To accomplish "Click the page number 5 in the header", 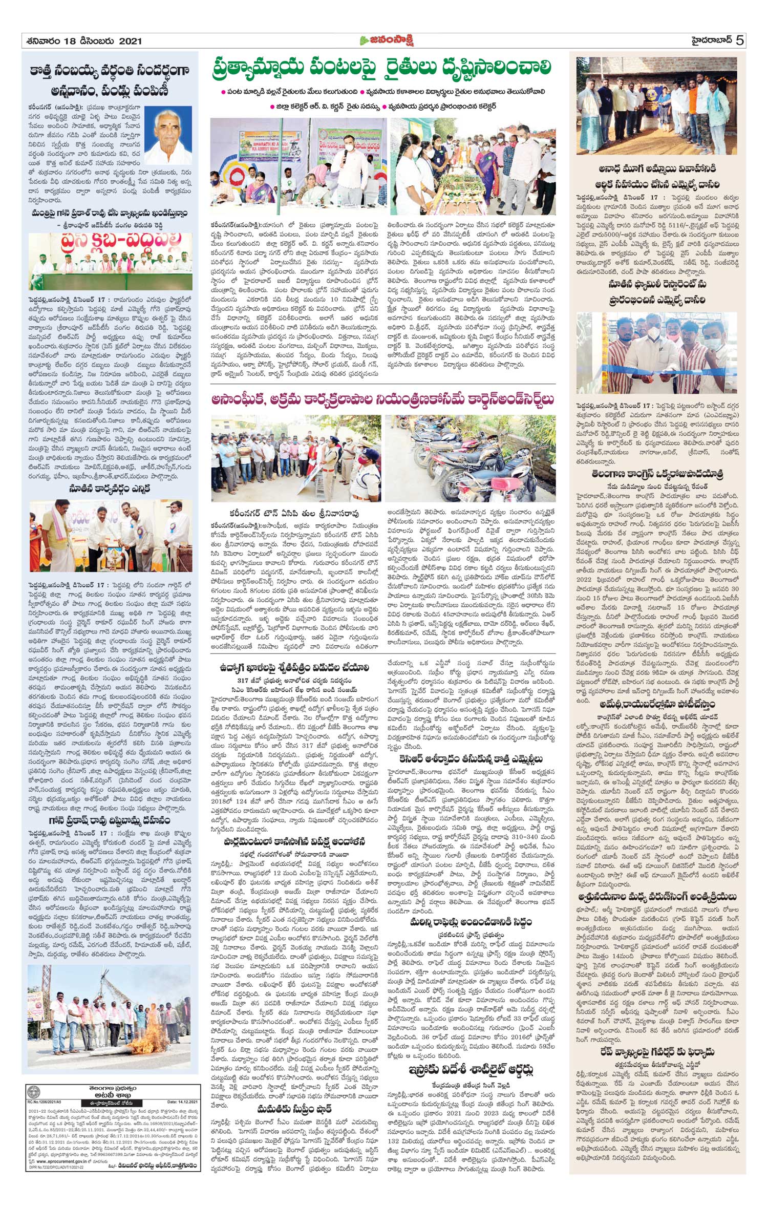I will [x=739, y=40].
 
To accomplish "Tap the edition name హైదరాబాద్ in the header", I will [x=707, y=40].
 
